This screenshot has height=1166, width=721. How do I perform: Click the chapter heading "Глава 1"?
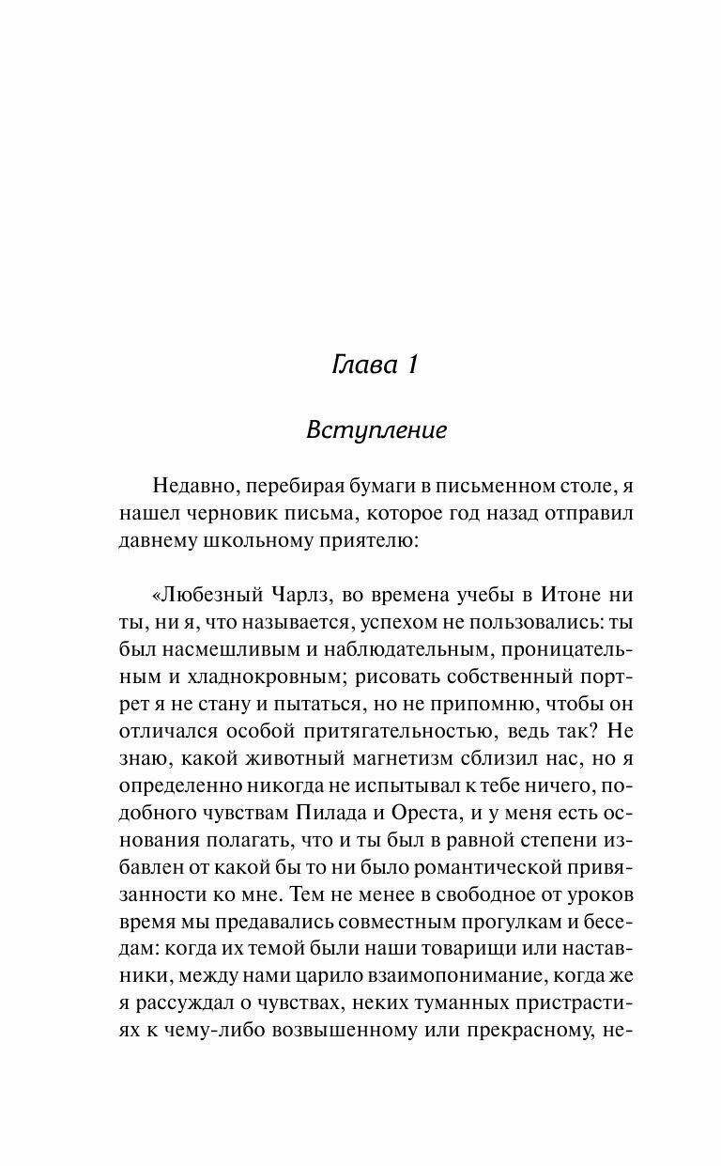coord(375,365)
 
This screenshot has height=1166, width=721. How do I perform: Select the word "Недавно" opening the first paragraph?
coord(193,485)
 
